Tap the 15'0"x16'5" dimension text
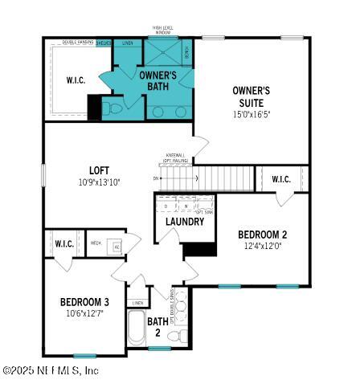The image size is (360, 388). click(251, 114)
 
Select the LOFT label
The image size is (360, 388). click(100, 170)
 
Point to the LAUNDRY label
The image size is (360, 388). click(185, 222)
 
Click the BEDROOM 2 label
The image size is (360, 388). click(262, 235)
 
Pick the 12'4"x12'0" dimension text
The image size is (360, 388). click(262, 247)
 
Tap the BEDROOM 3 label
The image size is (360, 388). click(84, 302)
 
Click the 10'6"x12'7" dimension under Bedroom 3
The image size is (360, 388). click(84, 314)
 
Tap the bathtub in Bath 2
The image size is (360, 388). click(136, 329)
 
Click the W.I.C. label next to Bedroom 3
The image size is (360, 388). click(64, 243)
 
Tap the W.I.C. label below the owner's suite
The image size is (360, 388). click(281, 179)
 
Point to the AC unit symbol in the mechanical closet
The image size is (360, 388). click(116, 247)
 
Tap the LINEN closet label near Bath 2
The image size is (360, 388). click(138, 303)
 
